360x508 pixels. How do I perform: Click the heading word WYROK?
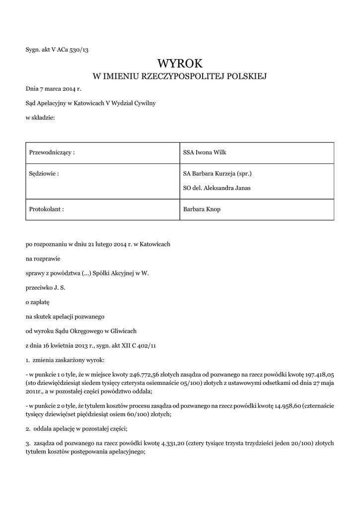pyautogui.click(x=180, y=63)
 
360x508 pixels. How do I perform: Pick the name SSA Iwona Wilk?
pyautogui.click(x=205, y=152)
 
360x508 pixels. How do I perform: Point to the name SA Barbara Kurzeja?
pyautogui.click(x=211, y=174)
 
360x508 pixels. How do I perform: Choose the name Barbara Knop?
pyautogui.click(x=202, y=209)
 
